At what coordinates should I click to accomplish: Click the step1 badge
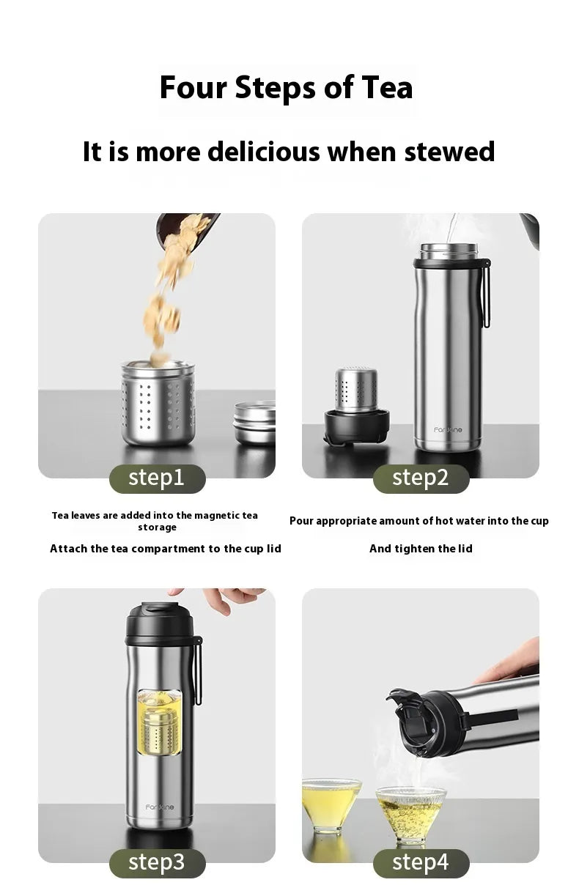point(157,478)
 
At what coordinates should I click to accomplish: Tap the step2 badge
point(421,478)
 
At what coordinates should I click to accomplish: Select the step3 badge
point(157,862)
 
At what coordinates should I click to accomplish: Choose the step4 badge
point(421,862)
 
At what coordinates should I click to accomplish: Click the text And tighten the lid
point(421,549)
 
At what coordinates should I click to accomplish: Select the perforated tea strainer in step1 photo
point(158,403)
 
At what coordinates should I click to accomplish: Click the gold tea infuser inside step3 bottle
point(159,725)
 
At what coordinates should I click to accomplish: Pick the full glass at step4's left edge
point(330,802)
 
